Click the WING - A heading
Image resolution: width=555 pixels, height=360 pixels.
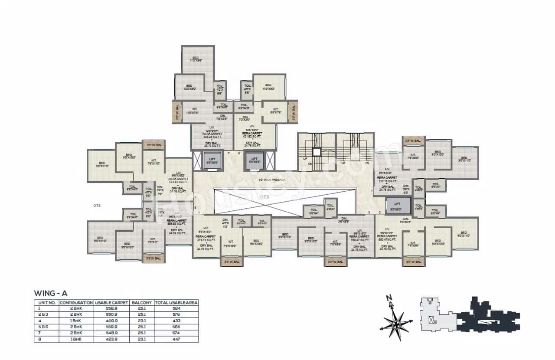click(51, 293)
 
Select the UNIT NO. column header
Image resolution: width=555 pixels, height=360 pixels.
click(46, 302)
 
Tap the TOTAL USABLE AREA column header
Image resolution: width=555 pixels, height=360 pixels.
click(176, 302)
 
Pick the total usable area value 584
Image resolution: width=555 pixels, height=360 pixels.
click(176, 308)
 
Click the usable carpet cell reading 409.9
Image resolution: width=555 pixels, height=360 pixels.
click(111, 321)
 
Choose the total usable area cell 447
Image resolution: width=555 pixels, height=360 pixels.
click(176, 340)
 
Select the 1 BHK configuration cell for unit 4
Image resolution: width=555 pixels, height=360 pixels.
click(76, 321)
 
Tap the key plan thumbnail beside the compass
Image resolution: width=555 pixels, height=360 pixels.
click(470, 315)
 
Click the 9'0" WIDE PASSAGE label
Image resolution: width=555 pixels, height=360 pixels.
click(272, 179)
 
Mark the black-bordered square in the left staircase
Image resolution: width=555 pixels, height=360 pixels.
click(317, 152)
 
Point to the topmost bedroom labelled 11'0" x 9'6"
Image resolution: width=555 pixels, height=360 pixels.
click(196, 59)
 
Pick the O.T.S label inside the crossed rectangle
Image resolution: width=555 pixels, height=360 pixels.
click(264, 196)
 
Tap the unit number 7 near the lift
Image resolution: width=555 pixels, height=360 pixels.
click(229, 153)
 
